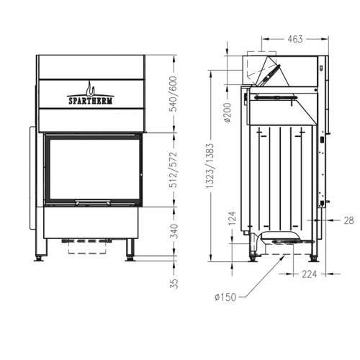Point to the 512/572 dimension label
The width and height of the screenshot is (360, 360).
pos(173,171)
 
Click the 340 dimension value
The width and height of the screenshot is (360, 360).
pos(173,231)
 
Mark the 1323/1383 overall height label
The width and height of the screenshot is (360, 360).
pos(209,164)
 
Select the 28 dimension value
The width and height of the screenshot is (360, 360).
pos(348,220)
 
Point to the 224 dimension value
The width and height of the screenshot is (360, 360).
pos(308,273)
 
